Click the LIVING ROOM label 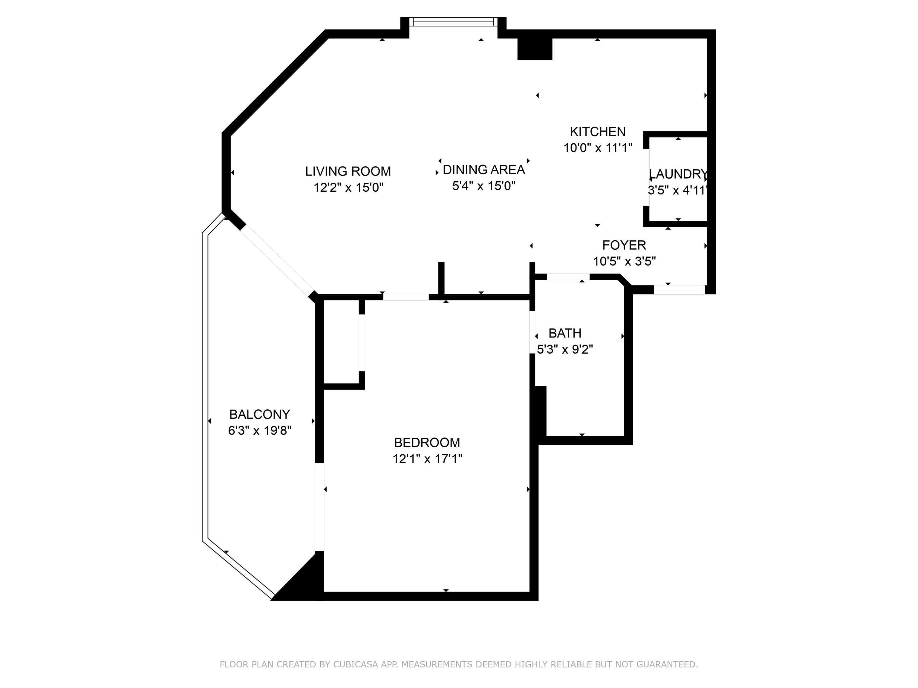[348, 171]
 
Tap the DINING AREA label [484, 170]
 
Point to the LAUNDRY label [678, 174]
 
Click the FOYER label [624, 245]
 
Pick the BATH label [565, 333]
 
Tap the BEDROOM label [427, 443]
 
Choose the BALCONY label [260, 414]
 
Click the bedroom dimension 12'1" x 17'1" [427, 459]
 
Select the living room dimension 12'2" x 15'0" [348, 188]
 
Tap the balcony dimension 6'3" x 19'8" [260, 431]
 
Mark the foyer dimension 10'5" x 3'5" [624, 262]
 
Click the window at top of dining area [454, 21]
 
